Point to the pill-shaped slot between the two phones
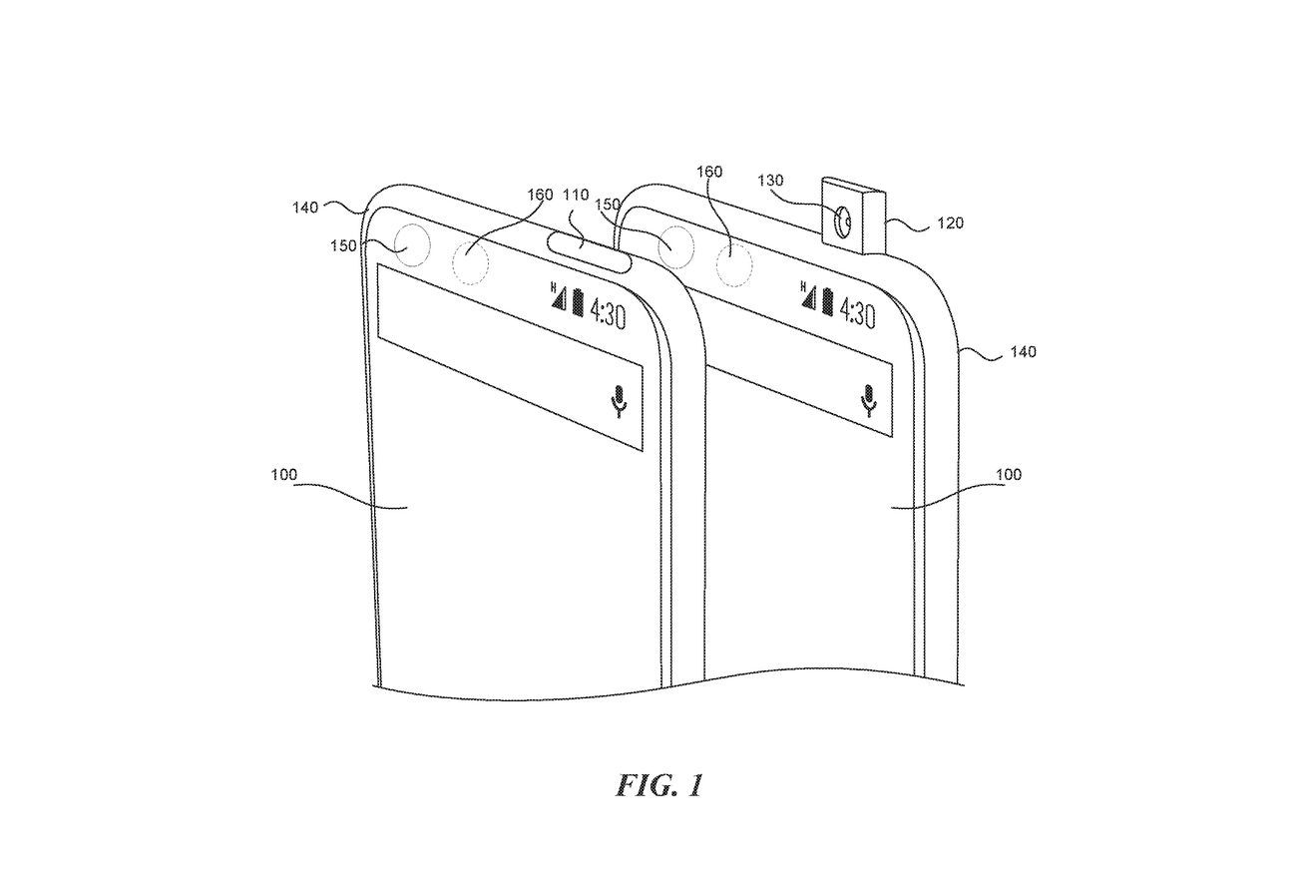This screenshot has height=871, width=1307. coord(589,250)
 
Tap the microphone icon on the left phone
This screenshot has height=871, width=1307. coord(620,401)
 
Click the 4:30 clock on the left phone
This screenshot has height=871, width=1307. coord(607,315)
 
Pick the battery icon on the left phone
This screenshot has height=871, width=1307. coord(577,299)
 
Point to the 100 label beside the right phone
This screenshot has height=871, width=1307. coord(1009,475)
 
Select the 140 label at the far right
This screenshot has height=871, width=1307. coord(1022,351)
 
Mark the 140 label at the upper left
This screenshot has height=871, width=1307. coord(305,208)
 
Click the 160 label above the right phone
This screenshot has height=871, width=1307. coord(708,172)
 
